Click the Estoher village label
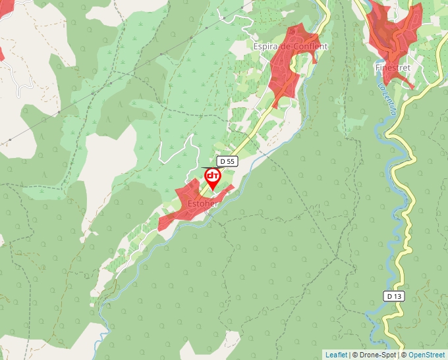tap(202, 204)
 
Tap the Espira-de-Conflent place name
tap(290, 47)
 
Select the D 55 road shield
tap(227, 161)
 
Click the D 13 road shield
tap(394, 296)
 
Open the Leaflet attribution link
tap(336, 355)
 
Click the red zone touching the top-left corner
tap(2, 53)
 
